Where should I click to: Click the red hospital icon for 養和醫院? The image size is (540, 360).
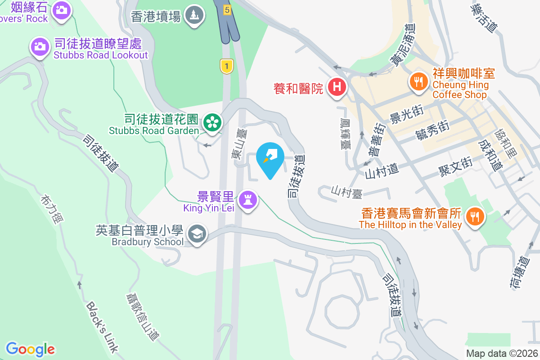tap(337, 86)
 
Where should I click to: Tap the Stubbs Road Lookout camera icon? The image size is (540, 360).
tap(40, 46)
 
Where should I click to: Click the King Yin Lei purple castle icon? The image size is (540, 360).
tap(247, 198)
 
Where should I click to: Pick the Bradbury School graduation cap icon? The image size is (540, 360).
tap(196, 234)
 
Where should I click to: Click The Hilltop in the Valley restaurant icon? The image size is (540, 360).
tap(474, 216)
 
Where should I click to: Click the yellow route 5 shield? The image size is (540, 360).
tap(227, 9)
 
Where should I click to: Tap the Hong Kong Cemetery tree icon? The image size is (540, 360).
tap(194, 15)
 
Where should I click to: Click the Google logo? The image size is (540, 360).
tap(30, 349)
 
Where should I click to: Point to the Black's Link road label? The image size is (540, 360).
tap(102, 326)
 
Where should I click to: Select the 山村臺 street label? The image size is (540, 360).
tap(346, 191)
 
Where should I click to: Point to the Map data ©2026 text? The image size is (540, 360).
tap(502, 353)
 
